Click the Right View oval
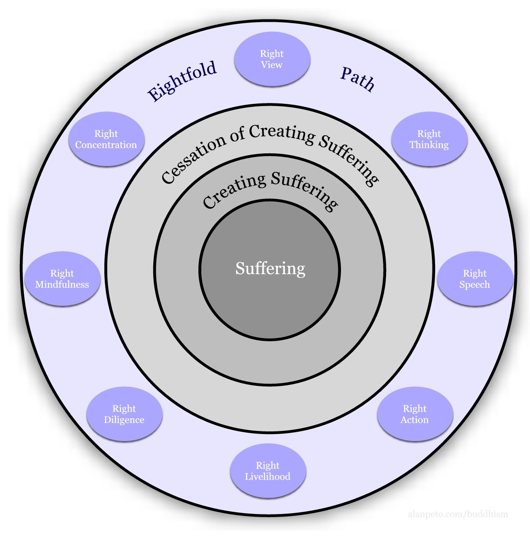(x=272, y=59)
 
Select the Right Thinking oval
(x=429, y=139)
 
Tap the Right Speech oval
(x=475, y=279)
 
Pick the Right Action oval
(x=415, y=414)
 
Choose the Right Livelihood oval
(x=268, y=471)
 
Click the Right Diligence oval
(x=124, y=414)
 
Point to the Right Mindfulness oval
(x=62, y=279)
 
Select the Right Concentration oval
(x=106, y=139)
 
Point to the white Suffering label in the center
(x=270, y=268)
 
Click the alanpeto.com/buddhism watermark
(x=458, y=514)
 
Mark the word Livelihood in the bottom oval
(x=268, y=477)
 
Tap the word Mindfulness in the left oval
(x=62, y=285)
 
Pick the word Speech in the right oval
(x=475, y=285)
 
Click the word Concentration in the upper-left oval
(x=106, y=145)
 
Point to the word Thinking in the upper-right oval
(x=429, y=145)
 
